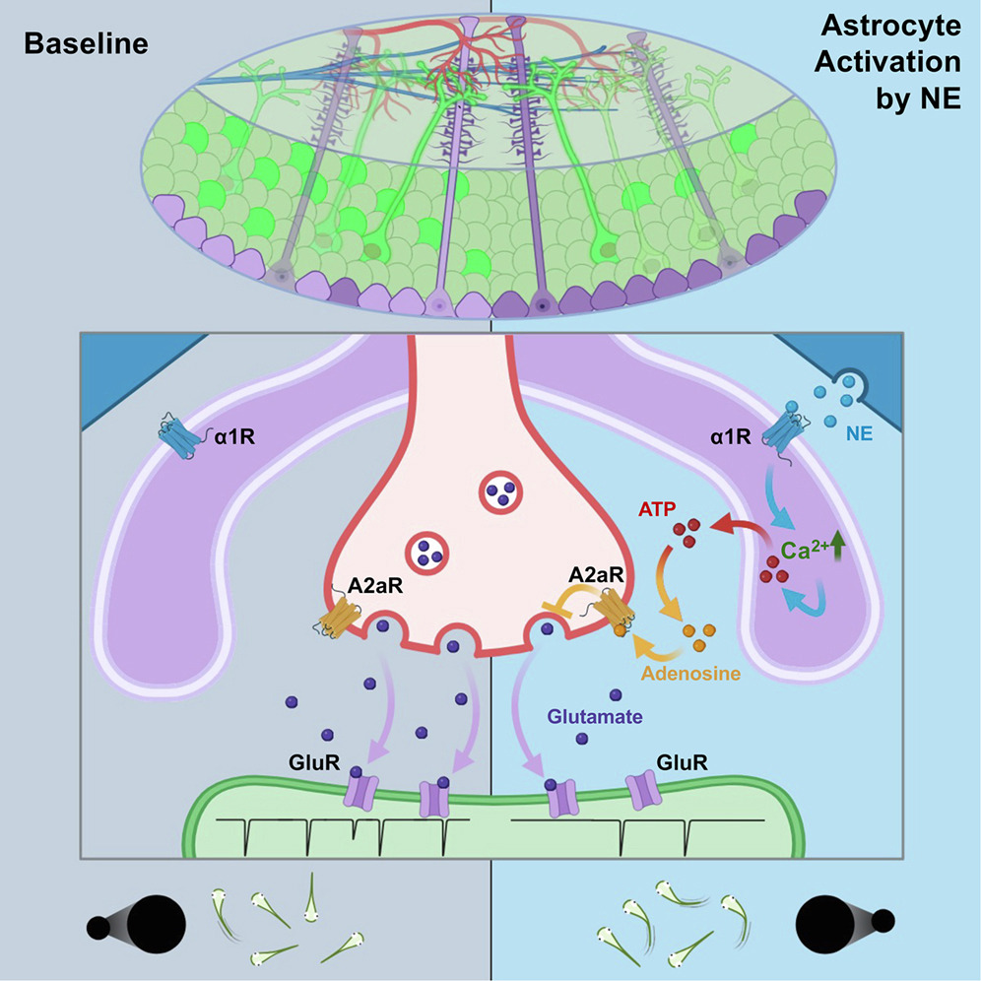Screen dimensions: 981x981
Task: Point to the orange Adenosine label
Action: (x=689, y=675)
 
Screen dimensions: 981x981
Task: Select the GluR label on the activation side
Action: (x=680, y=762)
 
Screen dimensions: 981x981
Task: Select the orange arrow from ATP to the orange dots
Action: (x=678, y=588)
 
